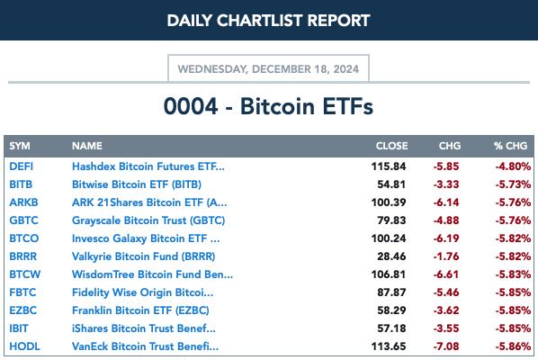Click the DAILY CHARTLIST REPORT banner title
pos(268,21)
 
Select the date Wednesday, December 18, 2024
pos(268,69)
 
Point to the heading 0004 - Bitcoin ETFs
pos(268,106)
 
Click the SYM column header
pos(20,146)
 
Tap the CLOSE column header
pos(391,146)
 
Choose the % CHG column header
pos(510,146)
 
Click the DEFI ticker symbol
pos(22,166)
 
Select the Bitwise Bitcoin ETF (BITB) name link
pos(137,184)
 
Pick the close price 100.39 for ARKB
pos(389,202)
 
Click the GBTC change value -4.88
pos(446,220)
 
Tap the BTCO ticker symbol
pos(24,238)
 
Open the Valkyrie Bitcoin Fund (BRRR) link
pos(143,256)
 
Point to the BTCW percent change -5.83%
pos(513,274)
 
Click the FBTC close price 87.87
pos(391,292)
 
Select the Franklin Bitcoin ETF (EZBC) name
pos(140,310)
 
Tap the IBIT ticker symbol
pos(19,328)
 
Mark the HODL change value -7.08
pos(446,346)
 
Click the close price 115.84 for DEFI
pos(389,166)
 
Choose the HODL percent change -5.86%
pos(513,346)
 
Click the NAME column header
pos(87,146)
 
